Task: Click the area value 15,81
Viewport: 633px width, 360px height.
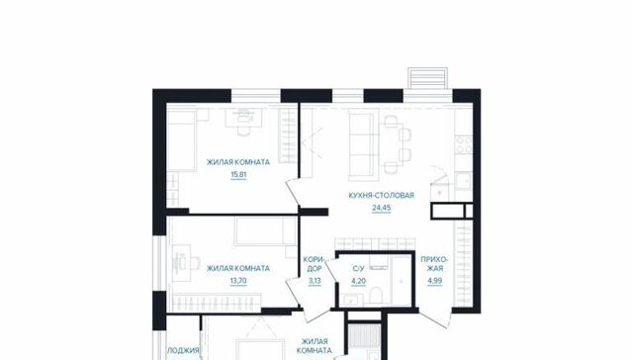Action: click(x=238, y=175)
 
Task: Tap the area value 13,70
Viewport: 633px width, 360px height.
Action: click(x=238, y=281)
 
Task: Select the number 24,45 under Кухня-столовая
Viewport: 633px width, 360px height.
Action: click(x=382, y=208)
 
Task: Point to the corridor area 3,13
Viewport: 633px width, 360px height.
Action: click(x=315, y=281)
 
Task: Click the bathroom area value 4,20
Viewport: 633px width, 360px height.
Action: click(x=358, y=281)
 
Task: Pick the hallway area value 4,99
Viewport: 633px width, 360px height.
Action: click(x=435, y=281)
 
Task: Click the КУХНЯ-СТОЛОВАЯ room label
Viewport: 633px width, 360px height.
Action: click(x=382, y=196)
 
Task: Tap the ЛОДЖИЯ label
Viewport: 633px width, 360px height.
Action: click(x=183, y=350)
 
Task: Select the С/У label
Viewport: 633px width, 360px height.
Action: click(x=358, y=268)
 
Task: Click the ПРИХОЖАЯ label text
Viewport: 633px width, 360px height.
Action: click(x=435, y=264)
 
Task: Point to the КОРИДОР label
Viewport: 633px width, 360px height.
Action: click(x=315, y=264)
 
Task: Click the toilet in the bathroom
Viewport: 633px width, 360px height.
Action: click(x=376, y=296)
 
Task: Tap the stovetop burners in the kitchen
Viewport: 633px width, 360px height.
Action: click(x=464, y=144)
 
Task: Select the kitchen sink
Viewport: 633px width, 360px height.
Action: click(x=464, y=180)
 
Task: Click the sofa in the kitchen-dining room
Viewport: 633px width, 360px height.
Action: click(x=360, y=144)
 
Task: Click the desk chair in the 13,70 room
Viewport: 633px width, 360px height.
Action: click(x=195, y=263)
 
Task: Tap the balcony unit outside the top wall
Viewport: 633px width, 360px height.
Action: click(x=428, y=78)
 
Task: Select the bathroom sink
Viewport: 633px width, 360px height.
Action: click(x=350, y=300)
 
